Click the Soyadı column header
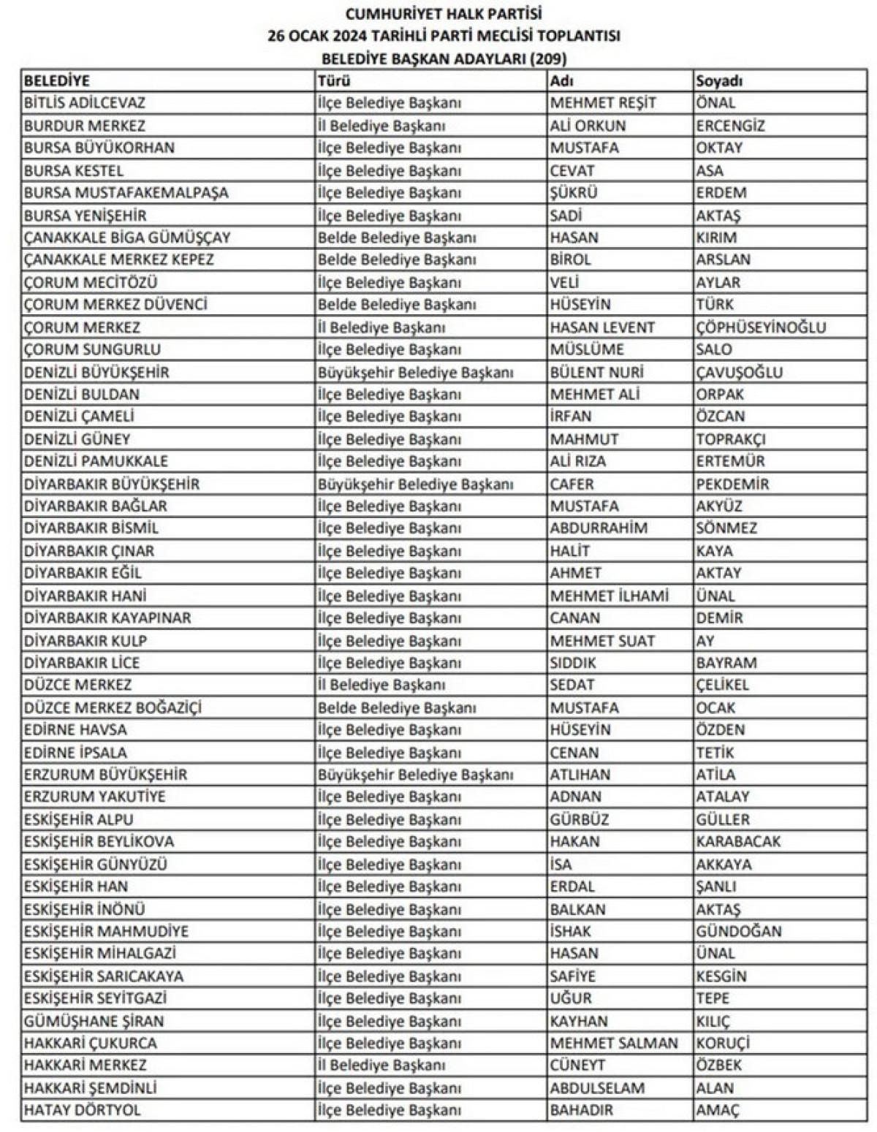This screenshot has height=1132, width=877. pos(719,80)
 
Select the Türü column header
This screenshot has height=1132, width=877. pos(334,80)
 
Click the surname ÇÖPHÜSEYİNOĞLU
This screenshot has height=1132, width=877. pos(761,327)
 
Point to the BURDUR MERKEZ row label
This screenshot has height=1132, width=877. pos(85,126)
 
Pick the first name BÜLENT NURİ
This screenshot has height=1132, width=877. pos(596,372)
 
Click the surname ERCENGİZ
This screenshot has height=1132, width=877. pos(730,126)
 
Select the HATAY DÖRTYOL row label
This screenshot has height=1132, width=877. pos(83,1110)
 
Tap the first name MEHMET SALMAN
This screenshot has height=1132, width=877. pos(614,1043)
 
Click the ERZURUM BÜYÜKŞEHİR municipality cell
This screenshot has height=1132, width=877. pos(105,775)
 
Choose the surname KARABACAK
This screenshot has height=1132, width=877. pos(738,842)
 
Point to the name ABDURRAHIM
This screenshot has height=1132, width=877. pos(599,528)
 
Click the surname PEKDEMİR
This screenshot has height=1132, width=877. pos(732,484)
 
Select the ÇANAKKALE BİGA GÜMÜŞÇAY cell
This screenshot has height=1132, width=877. pos(127,238)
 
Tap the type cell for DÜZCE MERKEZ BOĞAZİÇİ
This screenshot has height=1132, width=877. pos(397,707)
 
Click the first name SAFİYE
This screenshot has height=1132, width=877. pos(573,976)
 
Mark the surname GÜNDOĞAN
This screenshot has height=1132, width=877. pos(739,931)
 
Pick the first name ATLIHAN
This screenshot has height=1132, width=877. pos(580,775)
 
